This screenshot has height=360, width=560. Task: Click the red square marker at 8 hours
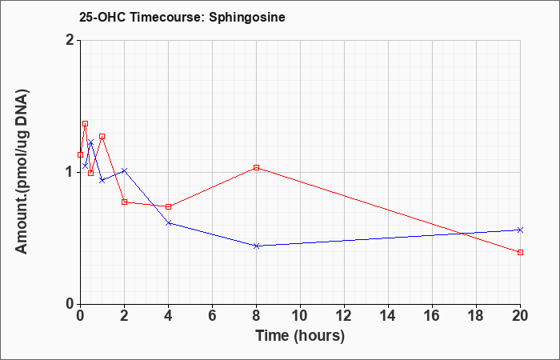click(x=257, y=167)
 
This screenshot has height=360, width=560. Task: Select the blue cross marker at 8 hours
click(x=257, y=246)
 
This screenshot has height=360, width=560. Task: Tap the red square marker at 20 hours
click(x=520, y=253)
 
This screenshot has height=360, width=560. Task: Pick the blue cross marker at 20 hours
click(x=520, y=230)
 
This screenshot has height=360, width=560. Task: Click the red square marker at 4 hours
click(x=169, y=206)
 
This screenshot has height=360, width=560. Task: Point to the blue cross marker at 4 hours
click(x=169, y=223)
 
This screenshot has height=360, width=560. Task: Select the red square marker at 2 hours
click(x=124, y=202)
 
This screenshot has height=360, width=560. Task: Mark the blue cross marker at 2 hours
click(x=124, y=170)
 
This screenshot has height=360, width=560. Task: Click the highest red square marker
click(x=85, y=123)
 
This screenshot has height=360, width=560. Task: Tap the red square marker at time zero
click(x=80, y=155)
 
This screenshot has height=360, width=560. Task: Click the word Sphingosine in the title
click(x=247, y=17)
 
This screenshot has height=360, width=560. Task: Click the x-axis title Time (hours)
click(x=300, y=336)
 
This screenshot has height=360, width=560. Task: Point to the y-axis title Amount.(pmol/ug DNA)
click(x=22, y=171)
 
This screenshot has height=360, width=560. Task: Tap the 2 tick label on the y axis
click(x=70, y=40)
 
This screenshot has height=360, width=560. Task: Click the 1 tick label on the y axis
click(x=70, y=173)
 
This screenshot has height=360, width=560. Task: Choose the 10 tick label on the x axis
click(x=300, y=316)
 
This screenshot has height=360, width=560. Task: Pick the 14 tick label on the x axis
click(x=388, y=316)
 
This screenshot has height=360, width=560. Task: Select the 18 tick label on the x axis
click(x=476, y=316)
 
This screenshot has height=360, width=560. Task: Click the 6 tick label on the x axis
click(x=213, y=316)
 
